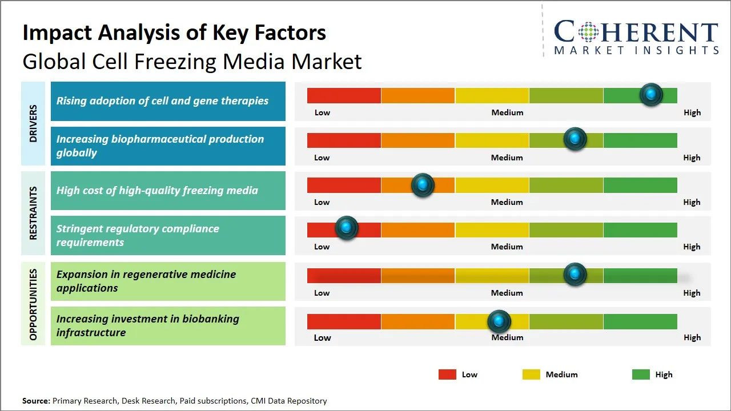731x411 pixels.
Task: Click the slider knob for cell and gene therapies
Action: (x=651, y=94)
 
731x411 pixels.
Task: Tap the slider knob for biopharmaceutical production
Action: (x=575, y=139)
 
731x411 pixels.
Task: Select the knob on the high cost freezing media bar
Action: (x=423, y=184)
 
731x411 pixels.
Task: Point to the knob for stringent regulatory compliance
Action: (x=346, y=228)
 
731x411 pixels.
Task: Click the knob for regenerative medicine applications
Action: (x=575, y=274)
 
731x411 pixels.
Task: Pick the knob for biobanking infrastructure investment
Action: (x=499, y=321)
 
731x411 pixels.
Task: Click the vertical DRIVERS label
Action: (x=33, y=123)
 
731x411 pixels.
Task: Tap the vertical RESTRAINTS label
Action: (x=33, y=213)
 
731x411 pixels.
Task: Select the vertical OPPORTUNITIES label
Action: (x=33, y=304)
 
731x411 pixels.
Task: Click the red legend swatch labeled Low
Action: (x=447, y=374)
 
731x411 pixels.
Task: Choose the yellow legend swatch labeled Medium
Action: (x=531, y=374)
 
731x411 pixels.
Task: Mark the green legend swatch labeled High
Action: (x=641, y=374)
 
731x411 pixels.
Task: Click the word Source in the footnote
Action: (x=35, y=401)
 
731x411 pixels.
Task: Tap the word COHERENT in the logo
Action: (x=636, y=33)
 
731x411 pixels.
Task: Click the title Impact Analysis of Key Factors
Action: (x=174, y=33)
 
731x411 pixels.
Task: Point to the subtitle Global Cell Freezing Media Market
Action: (x=192, y=62)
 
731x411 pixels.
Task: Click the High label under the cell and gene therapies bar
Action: (x=692, y=112)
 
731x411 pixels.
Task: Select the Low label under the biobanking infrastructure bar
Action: (x=322, y=337)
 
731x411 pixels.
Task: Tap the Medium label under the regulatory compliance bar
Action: (x=507, y=247)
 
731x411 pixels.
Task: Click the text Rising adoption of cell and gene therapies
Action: (x=162, y=101)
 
